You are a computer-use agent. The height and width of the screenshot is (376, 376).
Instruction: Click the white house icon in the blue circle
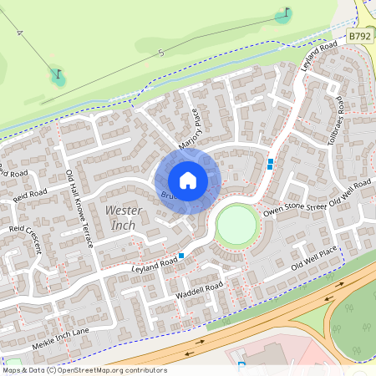[x=188, y=180]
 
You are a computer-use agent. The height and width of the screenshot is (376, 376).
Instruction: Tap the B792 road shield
[x=359, y=38]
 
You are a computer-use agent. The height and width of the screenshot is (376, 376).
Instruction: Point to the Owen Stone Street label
[x=293, y=206]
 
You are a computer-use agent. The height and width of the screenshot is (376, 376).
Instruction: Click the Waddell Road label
[x=199, y=292]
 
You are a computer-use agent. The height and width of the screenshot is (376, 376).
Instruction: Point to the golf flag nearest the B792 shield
[x=287, y=14]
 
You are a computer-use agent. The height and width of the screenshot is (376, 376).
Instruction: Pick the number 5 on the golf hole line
[x=161, y=53]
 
